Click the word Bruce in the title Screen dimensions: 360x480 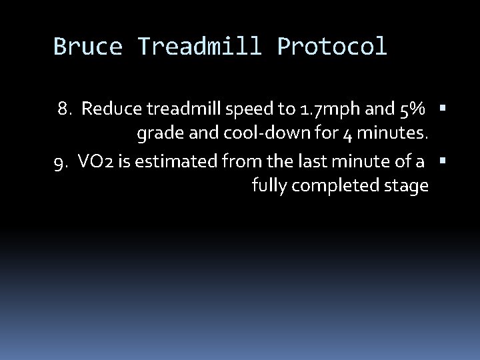coord(88,47)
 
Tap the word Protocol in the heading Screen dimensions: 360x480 coord(331,47)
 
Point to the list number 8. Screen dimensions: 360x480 coord(64,109)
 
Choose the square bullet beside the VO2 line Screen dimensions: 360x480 coord(443,160)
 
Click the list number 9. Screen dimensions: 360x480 coord(60,161)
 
